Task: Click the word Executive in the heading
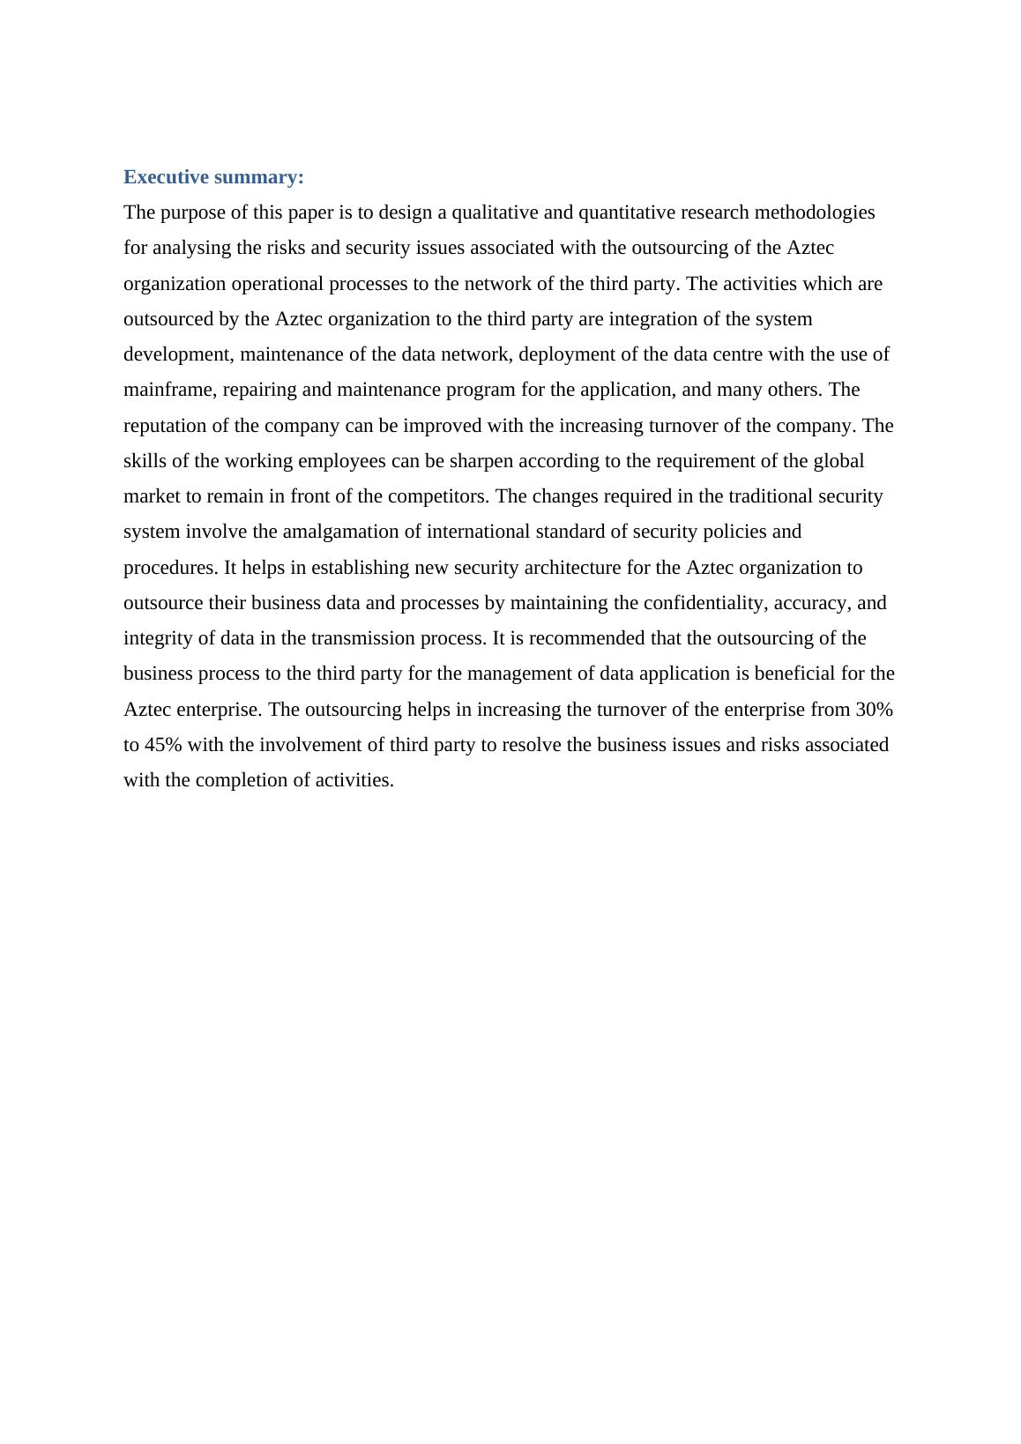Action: tap(165, 177)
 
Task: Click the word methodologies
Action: tap(814, 212)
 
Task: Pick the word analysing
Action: tap(190, 248)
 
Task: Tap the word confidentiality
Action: tap(704, 603)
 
